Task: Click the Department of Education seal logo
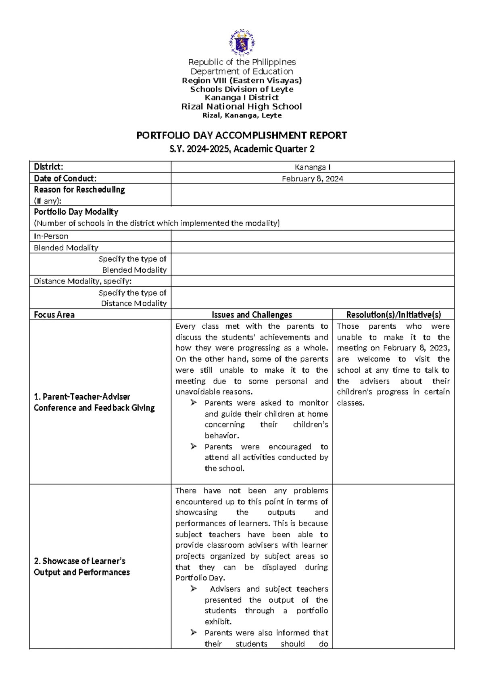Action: pyautogui.click(x=242, y=42)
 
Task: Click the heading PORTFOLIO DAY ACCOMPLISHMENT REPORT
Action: pyautogui.click(x=242, y=136)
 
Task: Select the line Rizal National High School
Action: pyautogui.click(x=242, y=106)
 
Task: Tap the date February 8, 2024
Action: pyautogui.click(x=312, y=179)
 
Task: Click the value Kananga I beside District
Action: pyautogui.click(x=312, y=167)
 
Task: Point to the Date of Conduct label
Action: pyautogui.click(x=65, y=179)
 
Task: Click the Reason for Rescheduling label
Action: pyautogui.click(x=79, y=190)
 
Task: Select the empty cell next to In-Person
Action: pyautogui.click(x=312, y=236)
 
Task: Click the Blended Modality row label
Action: pyautogui.click(x=66, y=248)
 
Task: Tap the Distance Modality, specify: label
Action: pyautogui.click(x=83, y=281)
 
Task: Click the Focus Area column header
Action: pyautogui.click(x=54, y=315)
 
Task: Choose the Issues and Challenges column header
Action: pyautogui.click(x=252, y=315)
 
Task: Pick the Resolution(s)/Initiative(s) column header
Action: pyautogui.click(x=393, y=315)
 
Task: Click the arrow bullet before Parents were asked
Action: pyautogui.click(x=194, y=402)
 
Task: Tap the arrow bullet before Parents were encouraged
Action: pyautogui.click(x=194, y=446)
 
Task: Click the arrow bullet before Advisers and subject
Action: pyautogui.click(x=194, y=589)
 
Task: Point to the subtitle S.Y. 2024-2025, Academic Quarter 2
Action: pyautogui.click(x=242, y=149)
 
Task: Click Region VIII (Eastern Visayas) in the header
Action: pyautogui.click(x=242, y=80)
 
